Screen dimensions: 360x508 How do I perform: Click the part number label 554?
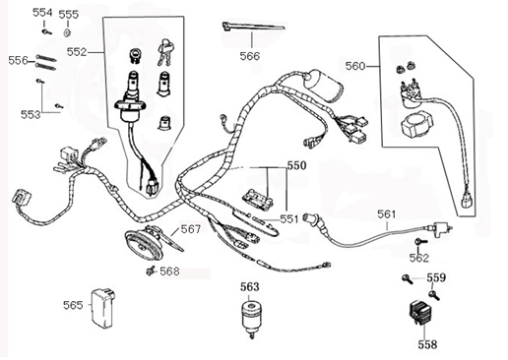(x=42, y=13)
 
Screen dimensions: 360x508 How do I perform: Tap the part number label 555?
(x=69, y=15)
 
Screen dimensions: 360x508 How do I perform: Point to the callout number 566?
(x=250, y=57)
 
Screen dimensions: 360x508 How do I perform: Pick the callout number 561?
(x=388, y=212)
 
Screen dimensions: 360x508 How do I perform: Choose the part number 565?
(x=73, y=305)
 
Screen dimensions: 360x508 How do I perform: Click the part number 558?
(x=426, y=345)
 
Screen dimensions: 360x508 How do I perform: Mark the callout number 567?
(x=190, y=229)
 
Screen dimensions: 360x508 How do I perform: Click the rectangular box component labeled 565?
(x=102, y=305)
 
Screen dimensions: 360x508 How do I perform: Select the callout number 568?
(x=170, y=270)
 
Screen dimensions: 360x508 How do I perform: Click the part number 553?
(x=32, y=115)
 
